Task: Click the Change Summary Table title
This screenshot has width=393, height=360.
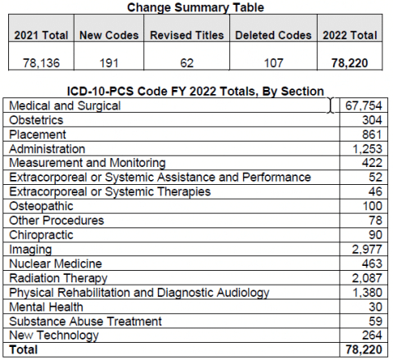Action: pos(196,8)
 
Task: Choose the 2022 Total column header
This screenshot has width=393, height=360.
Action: pos(350,36)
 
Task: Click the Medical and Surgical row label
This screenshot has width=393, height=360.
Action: pos(63,106)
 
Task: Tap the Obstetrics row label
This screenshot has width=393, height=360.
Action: pos(37,120)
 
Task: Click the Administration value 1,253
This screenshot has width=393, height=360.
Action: pos(368,149)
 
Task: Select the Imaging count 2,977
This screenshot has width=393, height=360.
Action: pos(368,249)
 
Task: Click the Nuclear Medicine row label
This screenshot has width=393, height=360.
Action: pos(55,263)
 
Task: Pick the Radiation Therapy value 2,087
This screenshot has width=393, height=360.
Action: pos(368,277)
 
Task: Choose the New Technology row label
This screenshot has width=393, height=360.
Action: pos(54,335)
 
